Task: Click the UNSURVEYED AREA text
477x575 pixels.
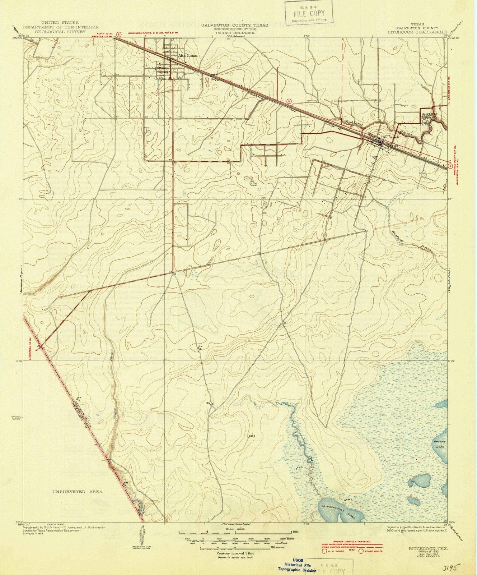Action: pos(77,492)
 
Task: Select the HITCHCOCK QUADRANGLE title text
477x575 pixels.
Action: pos(417,32)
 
